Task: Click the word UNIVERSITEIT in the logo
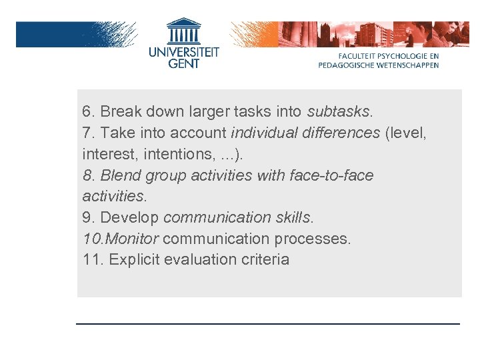coord(183,51)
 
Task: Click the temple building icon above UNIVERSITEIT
coord(183,31)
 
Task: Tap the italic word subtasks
coord(339,111)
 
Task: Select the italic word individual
coord(264,133)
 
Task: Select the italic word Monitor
coord(133,239)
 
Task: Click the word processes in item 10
coord(315,239)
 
